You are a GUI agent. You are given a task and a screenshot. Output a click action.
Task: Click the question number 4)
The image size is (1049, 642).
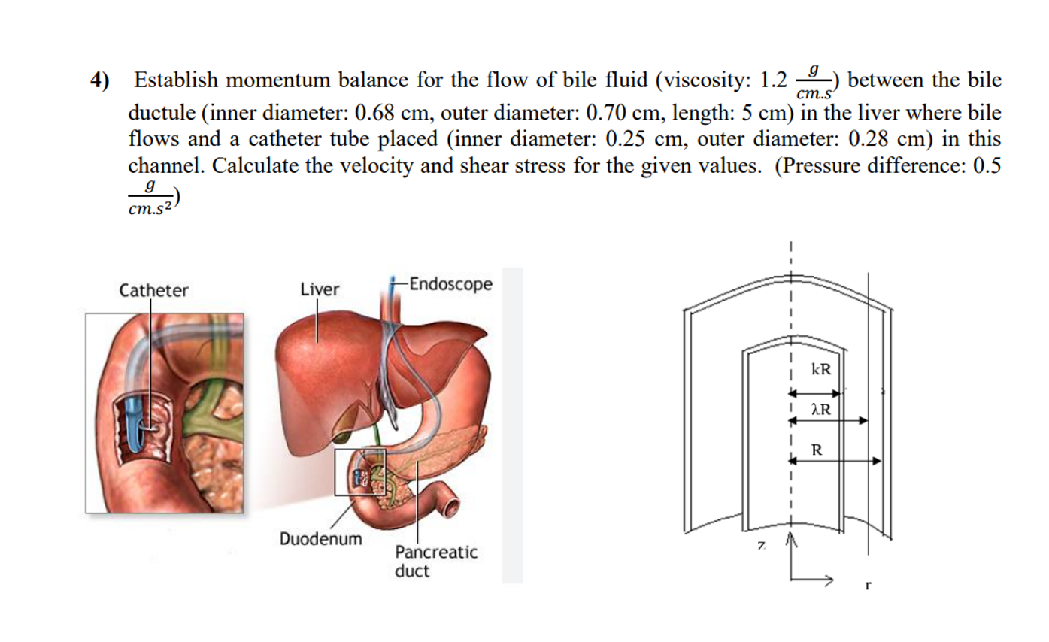(99, 80)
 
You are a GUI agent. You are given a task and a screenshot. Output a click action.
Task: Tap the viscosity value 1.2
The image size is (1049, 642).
(775, 80)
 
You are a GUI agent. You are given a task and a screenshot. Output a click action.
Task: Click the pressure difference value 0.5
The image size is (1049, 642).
(987, 165)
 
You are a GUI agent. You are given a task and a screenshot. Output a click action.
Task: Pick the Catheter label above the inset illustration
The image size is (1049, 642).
(155, 290)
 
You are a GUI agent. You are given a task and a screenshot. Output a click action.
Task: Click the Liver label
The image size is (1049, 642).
(320, 289)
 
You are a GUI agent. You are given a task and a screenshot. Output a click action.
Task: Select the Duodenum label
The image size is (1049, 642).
(320, 539)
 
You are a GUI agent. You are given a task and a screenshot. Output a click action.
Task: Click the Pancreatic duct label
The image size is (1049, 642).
(435, 562)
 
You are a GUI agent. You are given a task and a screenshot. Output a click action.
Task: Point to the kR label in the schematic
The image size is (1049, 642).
(821, 370)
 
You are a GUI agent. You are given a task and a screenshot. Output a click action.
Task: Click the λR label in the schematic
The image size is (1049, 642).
(820, 410)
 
